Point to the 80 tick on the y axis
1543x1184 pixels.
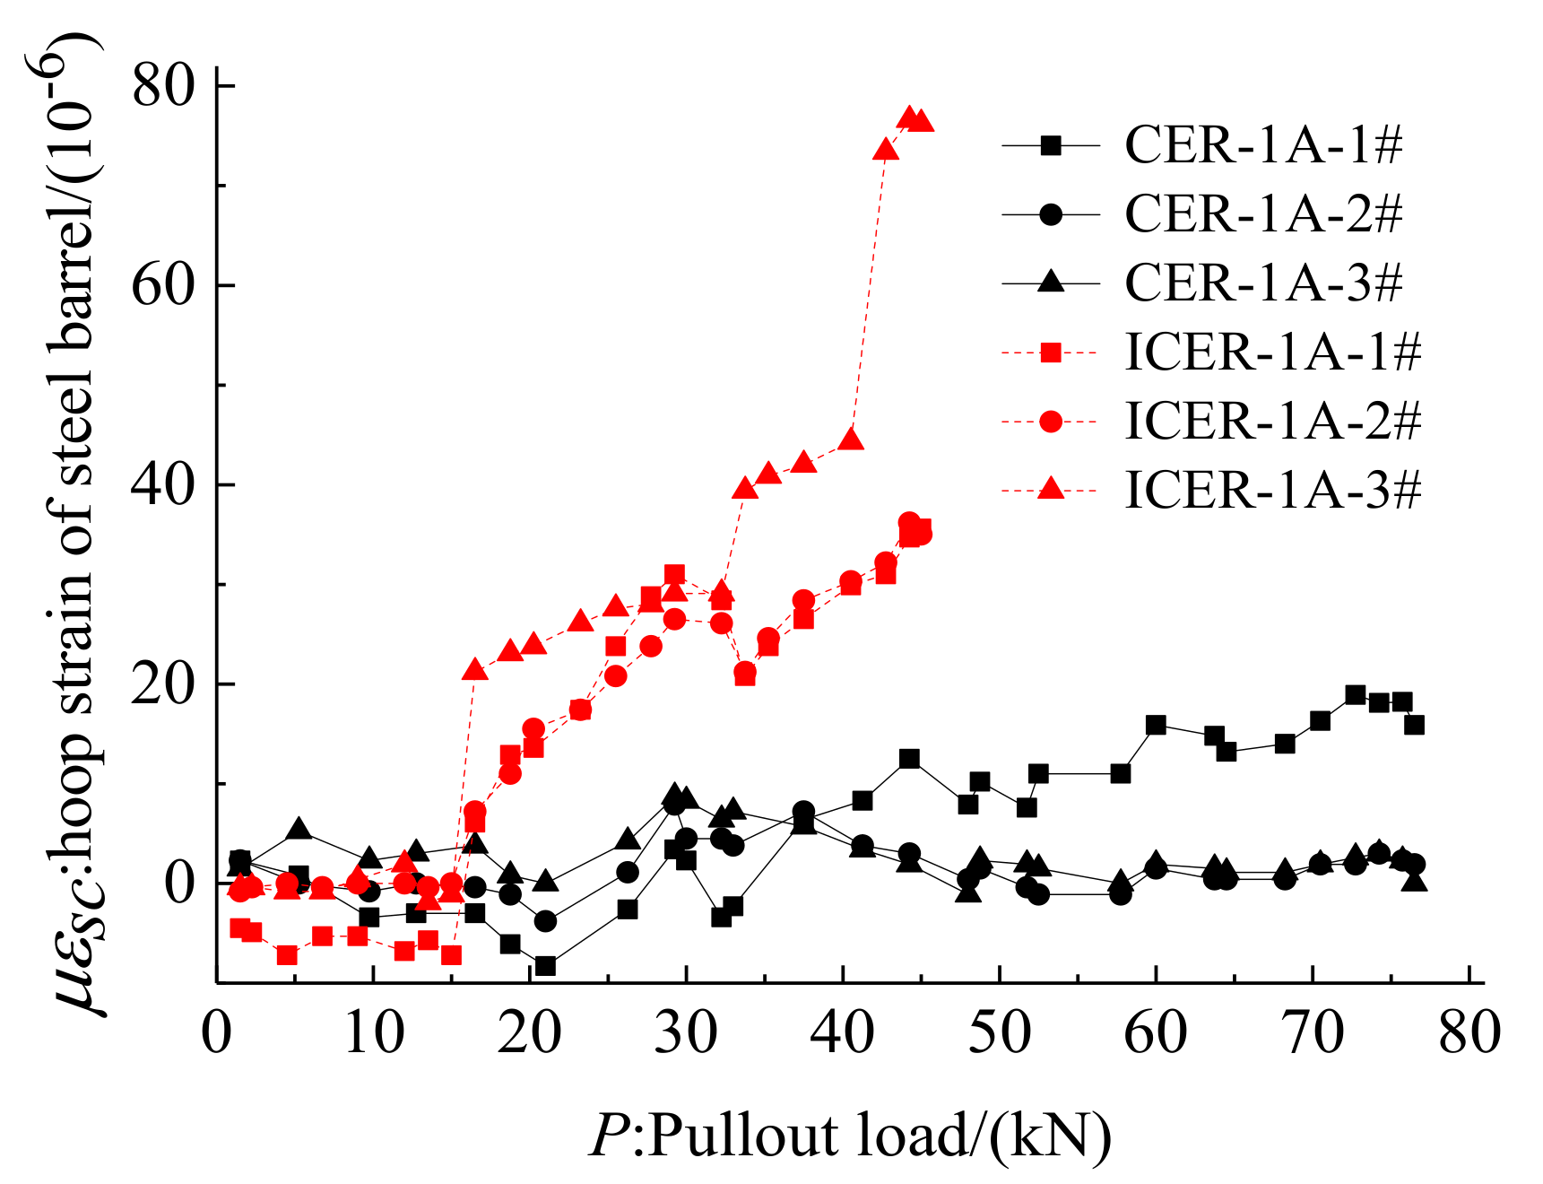(163, 86)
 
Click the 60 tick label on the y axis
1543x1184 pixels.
(163, 286)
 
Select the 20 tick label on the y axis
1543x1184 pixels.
(163, 684)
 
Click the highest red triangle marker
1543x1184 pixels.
(910, 118)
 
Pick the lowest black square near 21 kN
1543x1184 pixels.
(545, 966)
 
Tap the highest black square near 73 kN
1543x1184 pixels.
(1356, 694)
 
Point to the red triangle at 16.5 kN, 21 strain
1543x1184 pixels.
(475, 669)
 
